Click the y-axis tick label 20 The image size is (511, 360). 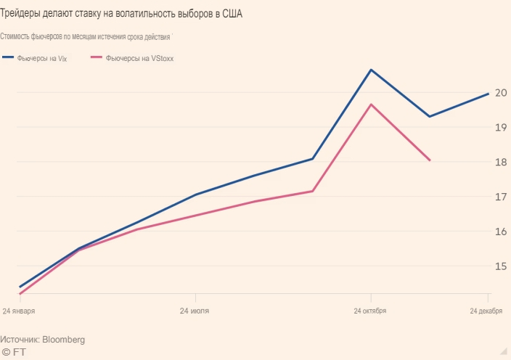click(x=500, y=92)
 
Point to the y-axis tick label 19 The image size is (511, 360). click(x=500, y=127)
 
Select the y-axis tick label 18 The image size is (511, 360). click(x=500, y=162)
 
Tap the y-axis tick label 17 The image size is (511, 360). click(x=500, y=197)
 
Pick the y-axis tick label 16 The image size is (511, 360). click(x=500, y=232)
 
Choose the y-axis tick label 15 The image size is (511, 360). click(x=500, y=266)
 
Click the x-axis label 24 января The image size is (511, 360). click(x=19, y=311)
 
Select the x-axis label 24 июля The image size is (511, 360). click(x=195, y=311)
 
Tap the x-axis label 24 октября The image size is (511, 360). click(x=370, y=311)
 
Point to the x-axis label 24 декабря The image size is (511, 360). click(x=486, y=311)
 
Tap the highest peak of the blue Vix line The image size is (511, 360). click(x=371, y=70)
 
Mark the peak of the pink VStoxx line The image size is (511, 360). click(x=371, y=105)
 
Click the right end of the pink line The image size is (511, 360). click(x=430, y=160)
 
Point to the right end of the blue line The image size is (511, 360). click(x=488, y=94)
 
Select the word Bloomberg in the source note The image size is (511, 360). click(x=65, y=339)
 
